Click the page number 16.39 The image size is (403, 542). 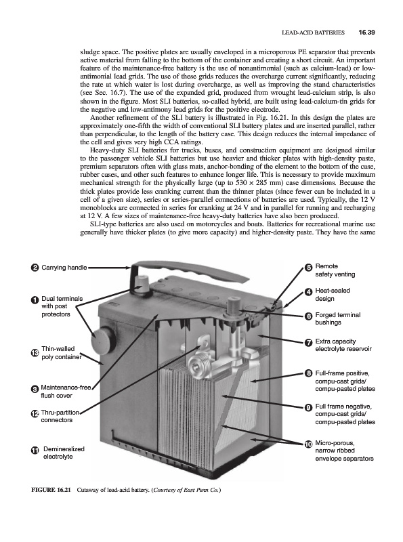click(x=366, y=33)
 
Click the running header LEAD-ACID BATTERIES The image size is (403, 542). click(x=313, y=33)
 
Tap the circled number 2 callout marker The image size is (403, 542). click(x=35, y=268)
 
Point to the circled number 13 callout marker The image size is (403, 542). click(x=35, y=352)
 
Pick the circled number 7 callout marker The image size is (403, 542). click(x=309, y=343)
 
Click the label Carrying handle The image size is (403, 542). click(x=64, y=268)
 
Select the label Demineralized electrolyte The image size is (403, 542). click(x=64, y=453)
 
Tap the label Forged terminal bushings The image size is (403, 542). click(x=338, y=318)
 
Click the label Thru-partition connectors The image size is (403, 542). click(x=60, y=416)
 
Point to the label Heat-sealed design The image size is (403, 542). click(x=333, y=295)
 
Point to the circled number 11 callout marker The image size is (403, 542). click(x=35, y=451)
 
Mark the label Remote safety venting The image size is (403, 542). click(x=335, y=270)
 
